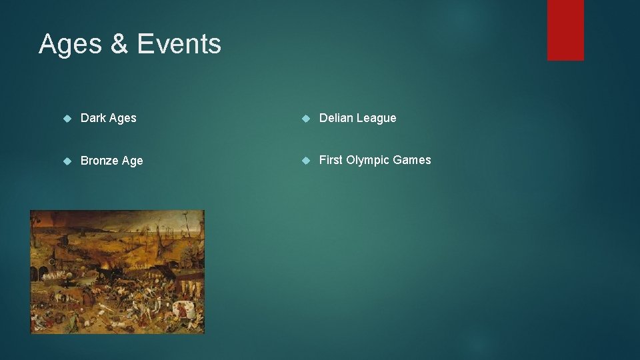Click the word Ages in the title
pos(70,44)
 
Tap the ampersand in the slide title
pos(120,44)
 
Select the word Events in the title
pos(179,44)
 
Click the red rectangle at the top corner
pos(565,29)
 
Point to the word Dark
pos(93,118)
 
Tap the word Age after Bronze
pos(133,161)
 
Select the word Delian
pos(336,118)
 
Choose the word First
pos(331,160)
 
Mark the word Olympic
pos(367,161)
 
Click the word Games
pos(412,160)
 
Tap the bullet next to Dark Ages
pos(67,119)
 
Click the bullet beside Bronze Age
pos(67,161)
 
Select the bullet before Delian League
pos(305,119)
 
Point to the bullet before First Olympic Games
pos(305,161)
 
